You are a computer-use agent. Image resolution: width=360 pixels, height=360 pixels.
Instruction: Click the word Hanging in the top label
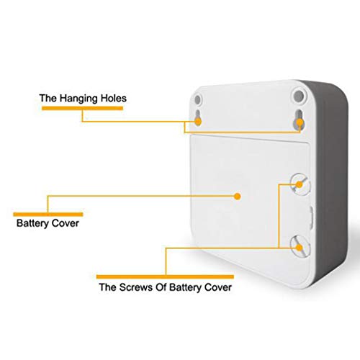coord(79,99)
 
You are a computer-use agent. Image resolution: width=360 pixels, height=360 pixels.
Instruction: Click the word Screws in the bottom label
coord(136,287)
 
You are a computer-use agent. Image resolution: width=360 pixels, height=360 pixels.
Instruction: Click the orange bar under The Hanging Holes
coord(82,108)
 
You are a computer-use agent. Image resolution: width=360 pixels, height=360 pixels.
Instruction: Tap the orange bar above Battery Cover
coord(48,215)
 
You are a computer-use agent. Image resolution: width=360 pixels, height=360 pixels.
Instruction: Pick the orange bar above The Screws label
coord(165,276)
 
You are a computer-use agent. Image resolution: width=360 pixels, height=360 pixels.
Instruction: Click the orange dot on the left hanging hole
coord(198,122)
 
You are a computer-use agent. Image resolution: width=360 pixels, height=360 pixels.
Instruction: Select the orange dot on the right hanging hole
coord(300,122)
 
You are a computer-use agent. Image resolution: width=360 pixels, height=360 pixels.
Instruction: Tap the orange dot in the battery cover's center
coord(238,197)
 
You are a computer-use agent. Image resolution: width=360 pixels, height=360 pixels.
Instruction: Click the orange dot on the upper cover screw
coord(299,184)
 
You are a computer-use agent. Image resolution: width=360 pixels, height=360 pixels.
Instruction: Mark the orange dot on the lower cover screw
coord(299,248)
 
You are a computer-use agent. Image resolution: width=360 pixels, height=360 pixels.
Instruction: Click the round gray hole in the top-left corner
coord(197,99)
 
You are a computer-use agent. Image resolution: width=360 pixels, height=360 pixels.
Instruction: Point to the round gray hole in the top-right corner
coord(299,96)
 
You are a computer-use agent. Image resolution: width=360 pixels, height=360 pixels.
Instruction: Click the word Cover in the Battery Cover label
coord(66,223)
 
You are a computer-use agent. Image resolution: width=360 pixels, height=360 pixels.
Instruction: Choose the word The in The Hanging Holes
coord(48,98)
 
